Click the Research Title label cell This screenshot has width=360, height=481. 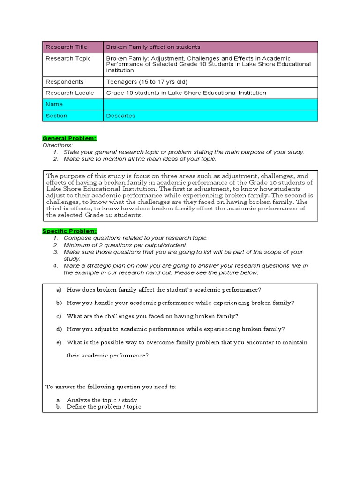pyautogui.click(x=72, y=47)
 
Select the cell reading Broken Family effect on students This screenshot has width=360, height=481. pyautogui.click(x=153, y=47)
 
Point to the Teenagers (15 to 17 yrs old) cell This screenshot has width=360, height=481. pyautogui.click(x=147, y=82)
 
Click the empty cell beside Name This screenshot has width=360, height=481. pyautogui.click(x=210, y=104)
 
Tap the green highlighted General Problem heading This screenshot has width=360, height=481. pyautogui.click(x=69, y=138)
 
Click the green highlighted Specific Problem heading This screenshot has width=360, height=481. pyautogui.click(x=70, y=231)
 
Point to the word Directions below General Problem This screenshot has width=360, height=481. pyautogui.click(x=57, y=145)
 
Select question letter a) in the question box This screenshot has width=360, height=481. pyautogui.click(x=59, y=290)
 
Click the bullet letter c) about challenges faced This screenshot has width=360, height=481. pyautogui.click(x=59, y=316)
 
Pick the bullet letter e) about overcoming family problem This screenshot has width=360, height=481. pyautogui.click(x=59, y=342)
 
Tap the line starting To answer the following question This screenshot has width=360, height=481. pyautogui.click(x=111, y=387)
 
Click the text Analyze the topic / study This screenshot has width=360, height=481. pyautogui.click(x=103, y=400)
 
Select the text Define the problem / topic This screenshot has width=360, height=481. pyautogui.click(x=105, y=407)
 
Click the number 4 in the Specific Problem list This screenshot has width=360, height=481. pyautogui.click(x=55, y=266)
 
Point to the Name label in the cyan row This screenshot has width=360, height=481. pyautogui.click(x=54, y=104)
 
